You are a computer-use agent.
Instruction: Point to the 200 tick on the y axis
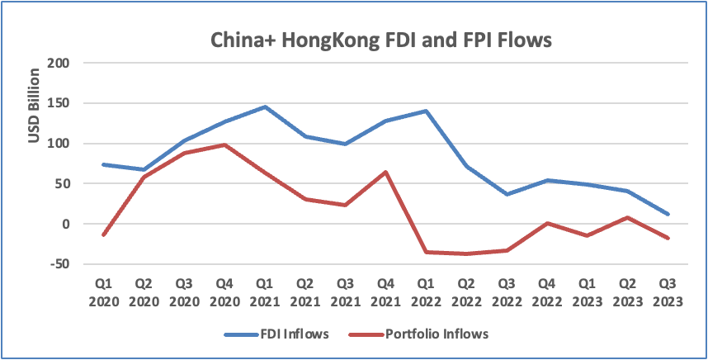(59, 64)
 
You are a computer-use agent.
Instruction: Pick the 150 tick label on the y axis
(59, 104)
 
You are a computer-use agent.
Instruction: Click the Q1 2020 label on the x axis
(103, 291)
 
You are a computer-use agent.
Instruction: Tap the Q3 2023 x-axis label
(668, 291)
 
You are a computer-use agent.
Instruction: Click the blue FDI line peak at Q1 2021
(265, 107)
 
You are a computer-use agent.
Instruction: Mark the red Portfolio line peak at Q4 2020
(225, 144)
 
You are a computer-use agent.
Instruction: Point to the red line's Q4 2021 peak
(386, 172)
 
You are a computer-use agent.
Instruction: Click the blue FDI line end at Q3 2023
(668, 214)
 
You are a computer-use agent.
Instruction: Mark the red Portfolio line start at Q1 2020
(103, 235)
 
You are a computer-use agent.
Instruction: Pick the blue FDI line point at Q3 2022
(507, 194)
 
